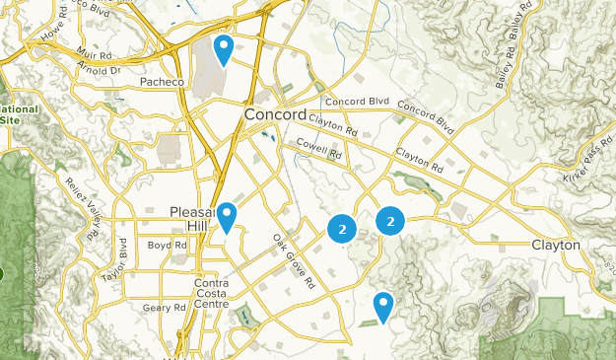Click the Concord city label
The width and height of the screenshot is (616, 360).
[276, 115]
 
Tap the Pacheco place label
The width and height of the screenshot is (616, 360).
[163, 82]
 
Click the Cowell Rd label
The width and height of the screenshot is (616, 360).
[320, 153]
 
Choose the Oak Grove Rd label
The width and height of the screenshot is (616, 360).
[293, 261]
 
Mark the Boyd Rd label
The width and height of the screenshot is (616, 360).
[161, 245]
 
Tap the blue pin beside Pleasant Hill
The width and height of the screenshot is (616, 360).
[227, 216]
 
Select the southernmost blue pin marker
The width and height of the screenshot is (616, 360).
[382, 306]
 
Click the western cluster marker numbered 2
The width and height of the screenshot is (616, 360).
[341, 229]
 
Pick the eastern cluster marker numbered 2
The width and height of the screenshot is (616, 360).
[390, 222]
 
